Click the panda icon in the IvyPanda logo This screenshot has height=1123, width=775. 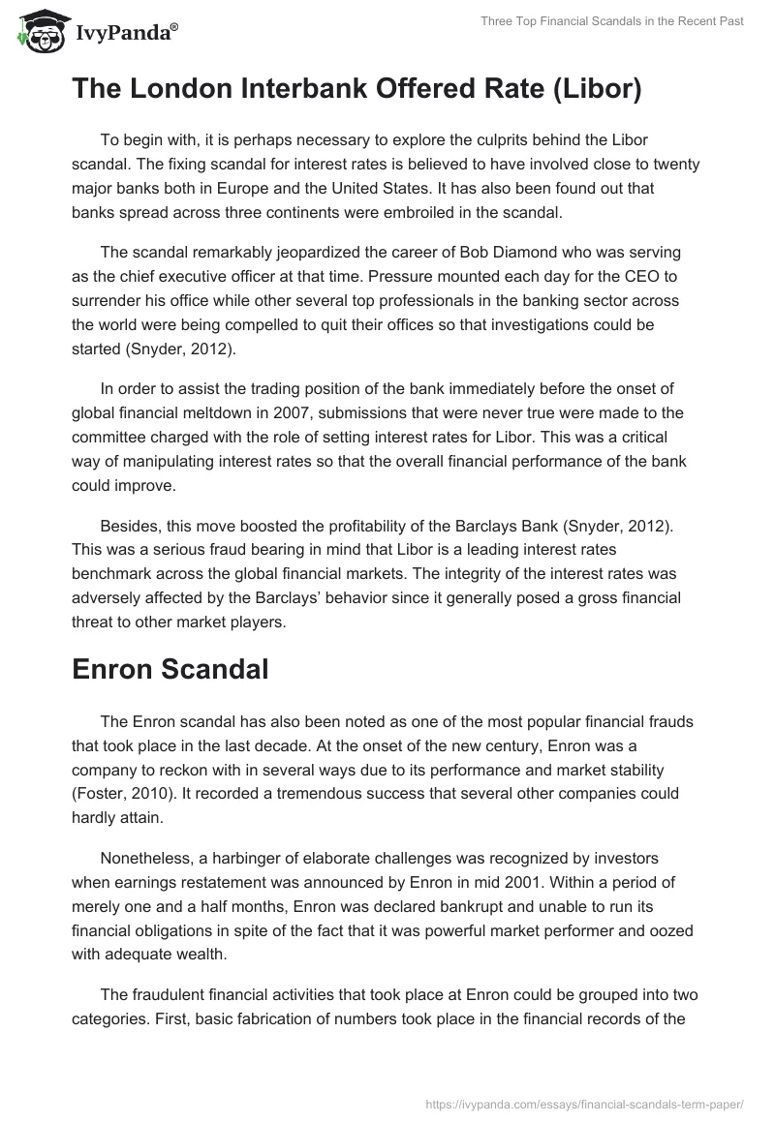point(38,32)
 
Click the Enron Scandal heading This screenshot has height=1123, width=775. point(170,669)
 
